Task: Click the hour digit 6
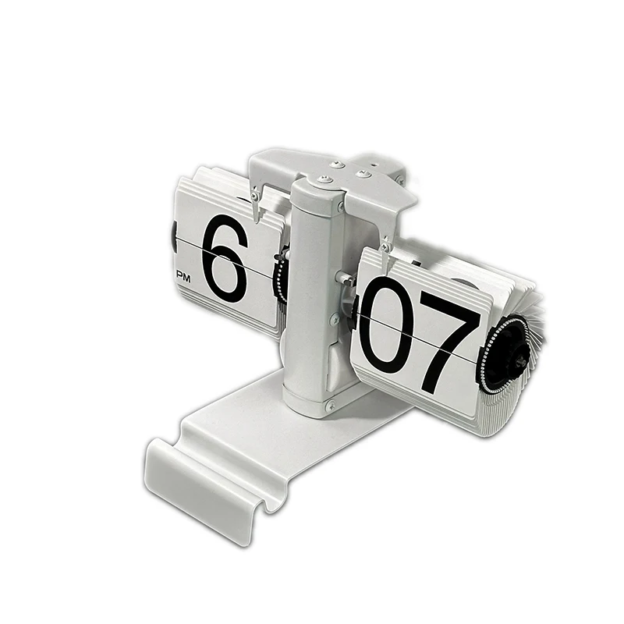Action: coord(224,259)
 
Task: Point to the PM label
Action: coord(184,277)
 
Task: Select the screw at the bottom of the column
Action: coord(330,406)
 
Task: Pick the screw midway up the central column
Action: coord(335,317)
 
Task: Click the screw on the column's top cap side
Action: coord(340,206)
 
